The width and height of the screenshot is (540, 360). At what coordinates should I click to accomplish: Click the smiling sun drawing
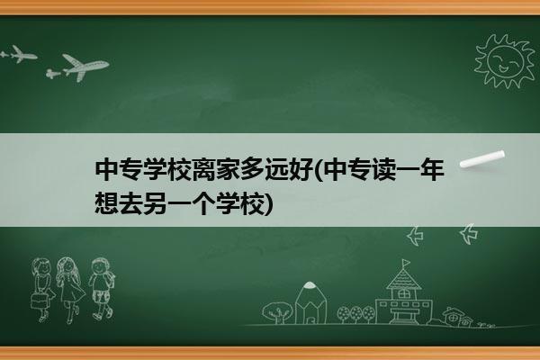point(505,61)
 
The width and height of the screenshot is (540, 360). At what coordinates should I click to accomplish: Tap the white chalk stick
point(482,159)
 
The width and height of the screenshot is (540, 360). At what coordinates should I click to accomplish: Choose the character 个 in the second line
point(203,203)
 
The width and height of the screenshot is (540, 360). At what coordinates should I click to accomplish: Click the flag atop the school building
point(407,263)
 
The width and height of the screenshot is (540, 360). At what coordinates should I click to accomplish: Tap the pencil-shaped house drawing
point(310,303)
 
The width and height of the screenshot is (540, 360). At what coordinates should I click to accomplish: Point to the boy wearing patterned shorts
point(102,289)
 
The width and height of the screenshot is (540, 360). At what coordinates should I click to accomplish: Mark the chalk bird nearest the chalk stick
point(469,234)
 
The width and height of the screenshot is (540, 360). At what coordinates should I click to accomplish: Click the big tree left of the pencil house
point(277,312)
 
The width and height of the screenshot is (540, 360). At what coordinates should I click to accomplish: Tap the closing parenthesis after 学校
point(269,204)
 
